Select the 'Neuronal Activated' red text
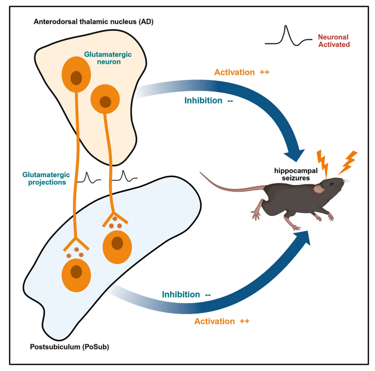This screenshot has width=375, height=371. coord(333,41)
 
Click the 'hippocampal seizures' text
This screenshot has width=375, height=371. coord(296,174)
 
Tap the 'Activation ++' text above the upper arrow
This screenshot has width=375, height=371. coord(241,72)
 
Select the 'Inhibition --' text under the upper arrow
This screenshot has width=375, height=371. coord(208,100)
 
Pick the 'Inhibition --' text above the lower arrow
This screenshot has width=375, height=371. coord(186,294)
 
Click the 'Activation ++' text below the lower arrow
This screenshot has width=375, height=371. coord(221,321)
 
